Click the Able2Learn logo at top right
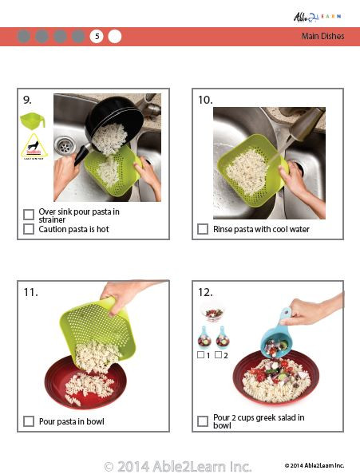tap(318, 16)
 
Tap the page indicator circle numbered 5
tap(97, 36)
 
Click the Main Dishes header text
tap(322, 36)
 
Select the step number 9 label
tap(27, 100)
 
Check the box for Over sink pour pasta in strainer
tap(29, 214)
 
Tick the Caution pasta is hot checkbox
tap(29, 229)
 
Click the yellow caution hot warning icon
tap(33, 148)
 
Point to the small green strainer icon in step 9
tap(33, 120)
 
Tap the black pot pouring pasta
tap(112, 120)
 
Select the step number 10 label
tap(205, 100)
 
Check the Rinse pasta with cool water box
tap(203, 229)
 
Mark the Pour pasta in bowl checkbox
tap(29, 421)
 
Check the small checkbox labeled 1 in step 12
tap(200, 354)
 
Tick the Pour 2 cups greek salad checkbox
tap(203, 421)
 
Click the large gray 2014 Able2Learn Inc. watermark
tap(178, 465)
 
